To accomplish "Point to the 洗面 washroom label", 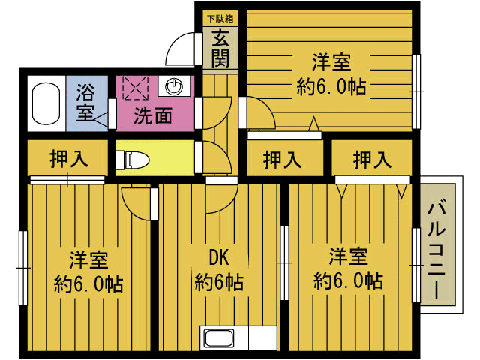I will (x=153, y=115).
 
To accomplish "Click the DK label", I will (x=218, y=258).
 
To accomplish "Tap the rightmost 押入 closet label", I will (x=372, y=160).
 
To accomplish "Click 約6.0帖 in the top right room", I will (x=331, y=87).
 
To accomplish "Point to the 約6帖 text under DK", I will (x=218, y=283).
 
